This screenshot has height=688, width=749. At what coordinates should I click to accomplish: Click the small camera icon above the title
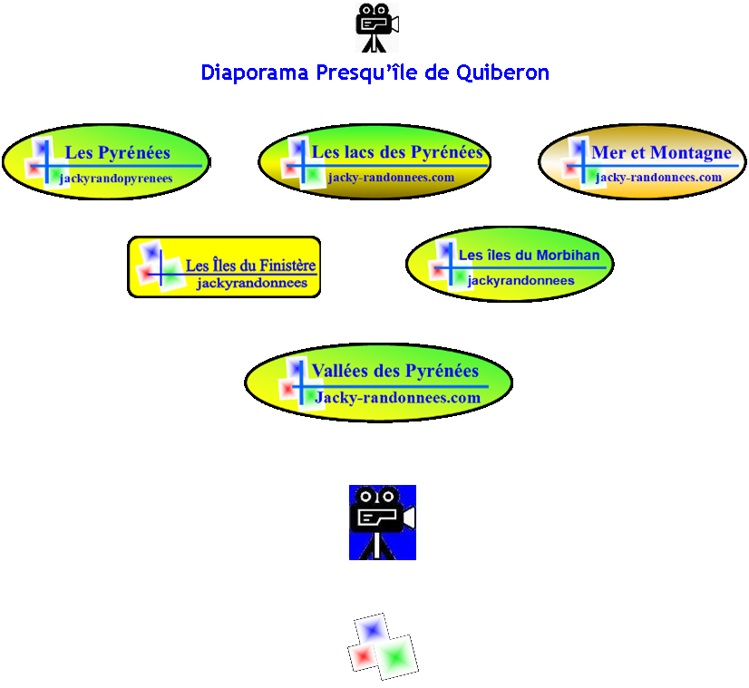(376, 27)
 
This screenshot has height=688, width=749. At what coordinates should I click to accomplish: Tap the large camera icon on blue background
(382, 522)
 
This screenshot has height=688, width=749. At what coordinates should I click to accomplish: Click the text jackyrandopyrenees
(116, 179)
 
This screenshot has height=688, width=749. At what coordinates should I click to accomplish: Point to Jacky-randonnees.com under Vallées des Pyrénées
(397, 398)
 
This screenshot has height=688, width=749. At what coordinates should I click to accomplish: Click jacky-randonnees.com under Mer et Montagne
(658, 178)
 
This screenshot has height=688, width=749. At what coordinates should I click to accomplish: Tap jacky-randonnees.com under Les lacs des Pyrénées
(391, 178)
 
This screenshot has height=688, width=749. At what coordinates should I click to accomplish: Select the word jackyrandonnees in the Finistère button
(252, 284)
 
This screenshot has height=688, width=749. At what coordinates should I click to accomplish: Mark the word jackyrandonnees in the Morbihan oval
(520, 281)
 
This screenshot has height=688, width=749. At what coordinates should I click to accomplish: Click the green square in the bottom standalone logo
(395, 657)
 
